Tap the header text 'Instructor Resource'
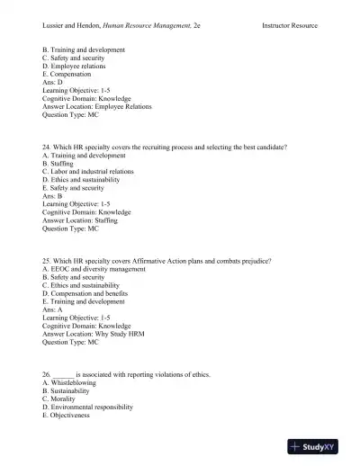(290, 27)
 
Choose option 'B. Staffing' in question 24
(58, 163)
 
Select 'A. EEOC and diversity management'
(94, 269)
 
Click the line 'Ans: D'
(53, 82)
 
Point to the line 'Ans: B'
(53, 196)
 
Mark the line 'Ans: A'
(53, 309)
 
